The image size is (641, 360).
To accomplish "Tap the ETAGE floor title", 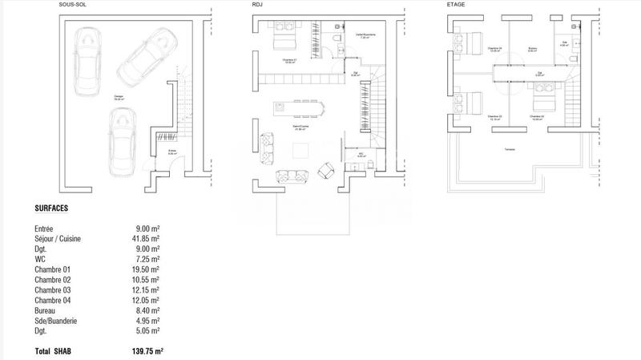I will (x=455, y=4).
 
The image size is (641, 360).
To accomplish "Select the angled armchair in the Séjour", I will (x=327, y=170).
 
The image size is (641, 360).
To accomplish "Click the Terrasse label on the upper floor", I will (x=509, y=150).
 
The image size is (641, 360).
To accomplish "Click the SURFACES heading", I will (x=51, y=208).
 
